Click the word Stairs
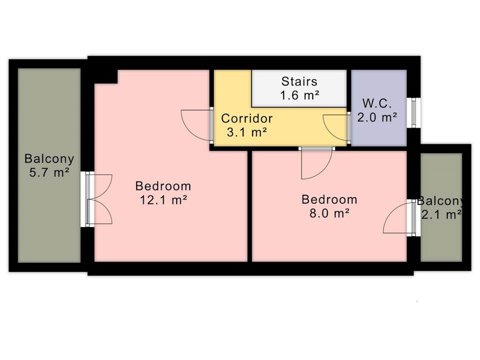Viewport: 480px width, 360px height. point(299,82)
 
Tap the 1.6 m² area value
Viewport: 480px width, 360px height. point(299,96)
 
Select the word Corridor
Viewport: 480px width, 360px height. point(247,119)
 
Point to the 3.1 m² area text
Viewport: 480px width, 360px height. point(247,133)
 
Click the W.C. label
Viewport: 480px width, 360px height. point(377,103)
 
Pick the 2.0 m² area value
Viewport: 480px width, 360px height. point(377,117)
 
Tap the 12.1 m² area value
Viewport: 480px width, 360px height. point(163,200)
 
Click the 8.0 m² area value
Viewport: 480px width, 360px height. point(329,213)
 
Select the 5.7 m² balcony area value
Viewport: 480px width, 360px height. point(49,173)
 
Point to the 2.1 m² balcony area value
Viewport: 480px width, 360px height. point(441,215)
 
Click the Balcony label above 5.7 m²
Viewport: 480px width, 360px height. point(49,159)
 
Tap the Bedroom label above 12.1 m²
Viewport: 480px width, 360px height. point(163,186)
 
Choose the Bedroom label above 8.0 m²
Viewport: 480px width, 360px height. point(329,199)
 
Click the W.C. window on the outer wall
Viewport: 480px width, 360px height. point(414,113)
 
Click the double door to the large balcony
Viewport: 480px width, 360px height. point(99,199)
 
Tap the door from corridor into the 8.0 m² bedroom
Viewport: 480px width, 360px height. point(317,163)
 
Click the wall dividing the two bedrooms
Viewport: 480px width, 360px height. point(250,206)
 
